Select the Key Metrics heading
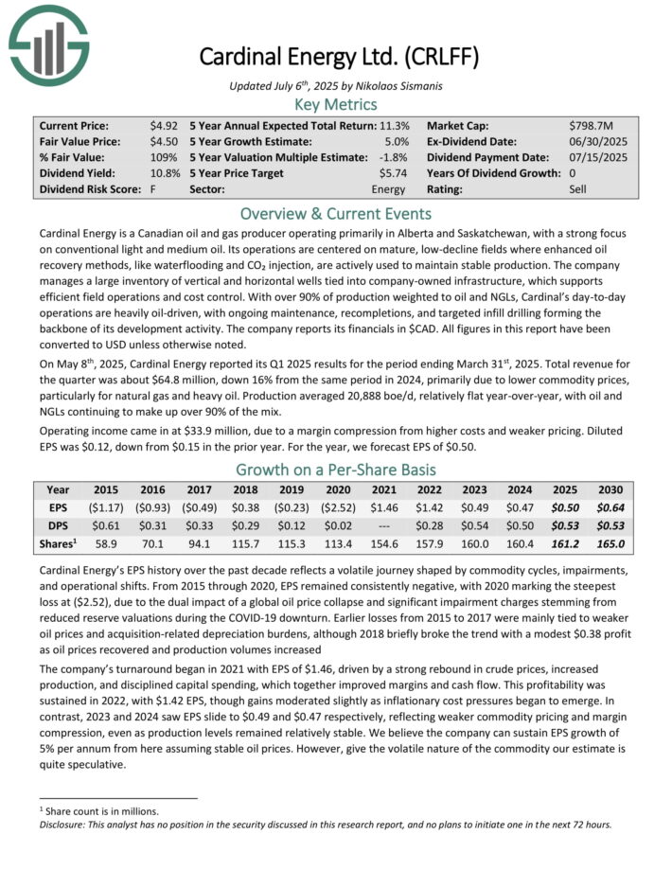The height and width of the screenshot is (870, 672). [x=336, y=105]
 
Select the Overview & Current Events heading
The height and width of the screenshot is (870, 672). [x=336, y=213]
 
